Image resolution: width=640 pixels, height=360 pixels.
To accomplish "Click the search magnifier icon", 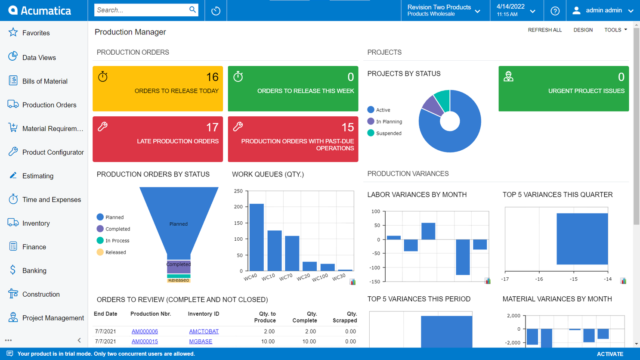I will (x=192, y=10).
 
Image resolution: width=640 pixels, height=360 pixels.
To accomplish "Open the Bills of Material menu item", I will (x=45, y=81).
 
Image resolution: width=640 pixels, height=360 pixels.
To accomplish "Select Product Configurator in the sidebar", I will (x=53, y=152).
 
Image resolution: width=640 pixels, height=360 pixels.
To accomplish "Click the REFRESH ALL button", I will (x=544, y=30).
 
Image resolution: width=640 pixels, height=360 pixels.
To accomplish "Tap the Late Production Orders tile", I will (x=158, y=139).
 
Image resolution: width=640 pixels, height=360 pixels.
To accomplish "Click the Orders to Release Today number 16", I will (x=212, y=77).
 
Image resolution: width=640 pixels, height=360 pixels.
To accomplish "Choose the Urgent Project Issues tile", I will (x=563, y=89).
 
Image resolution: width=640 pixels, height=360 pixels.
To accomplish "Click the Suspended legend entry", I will (x=388, y=133).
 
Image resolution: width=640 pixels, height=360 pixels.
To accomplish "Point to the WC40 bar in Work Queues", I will (x=257, y=237).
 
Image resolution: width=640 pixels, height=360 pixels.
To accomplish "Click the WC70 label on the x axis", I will (x=286, y=277).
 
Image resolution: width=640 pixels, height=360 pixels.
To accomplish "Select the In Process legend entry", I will (x=117, y=241).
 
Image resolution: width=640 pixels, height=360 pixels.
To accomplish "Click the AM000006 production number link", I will (x=145, y=332).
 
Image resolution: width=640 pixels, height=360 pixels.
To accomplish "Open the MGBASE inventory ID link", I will (x=201, y=341).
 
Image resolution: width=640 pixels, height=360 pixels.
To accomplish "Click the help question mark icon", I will (x=555, y=11).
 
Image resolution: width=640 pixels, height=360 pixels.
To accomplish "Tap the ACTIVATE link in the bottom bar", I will (x=610, y=354).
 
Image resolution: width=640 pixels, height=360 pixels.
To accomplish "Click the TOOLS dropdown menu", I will (x=615, y=30).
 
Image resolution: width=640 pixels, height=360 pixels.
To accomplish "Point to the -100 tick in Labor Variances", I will (x=375, y=268).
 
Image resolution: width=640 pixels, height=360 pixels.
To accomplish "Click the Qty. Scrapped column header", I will (x=345, y=317).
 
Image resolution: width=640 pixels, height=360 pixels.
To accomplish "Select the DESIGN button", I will (x=583, y=30).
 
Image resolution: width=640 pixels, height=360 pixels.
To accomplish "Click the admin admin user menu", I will (x=603, y=11).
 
